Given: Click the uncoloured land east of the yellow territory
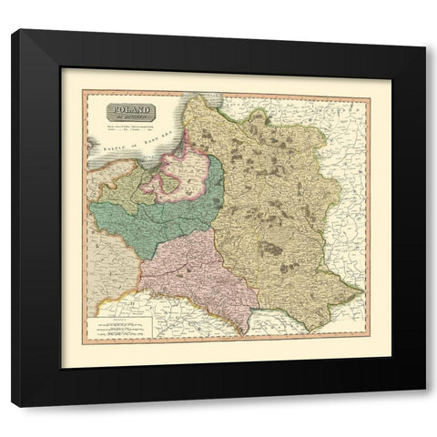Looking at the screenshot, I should pyautogui.click(x=355, y=173).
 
